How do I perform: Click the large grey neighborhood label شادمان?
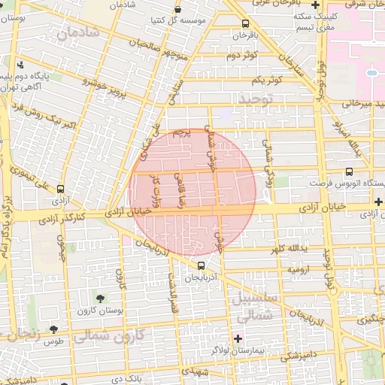pyautogui.click(x=83, y=32)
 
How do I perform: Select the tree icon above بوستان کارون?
pyautogui.click(x=101, y=299)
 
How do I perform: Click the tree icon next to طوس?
pyautogui.click(x=53, y=329)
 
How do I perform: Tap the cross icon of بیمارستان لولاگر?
pyautogui.click(x=238, y=338)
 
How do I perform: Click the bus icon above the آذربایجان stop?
pyautogui.click(x=200, y=265)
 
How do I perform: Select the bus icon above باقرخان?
pyautogui.click(x=247, y=24)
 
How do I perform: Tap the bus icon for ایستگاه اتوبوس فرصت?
pyautogui.click(x=349, y=171)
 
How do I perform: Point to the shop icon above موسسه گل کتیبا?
pyautogui.click(x=177, y=10)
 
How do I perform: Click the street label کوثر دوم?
pyautogui.click(x=242, y=56)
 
